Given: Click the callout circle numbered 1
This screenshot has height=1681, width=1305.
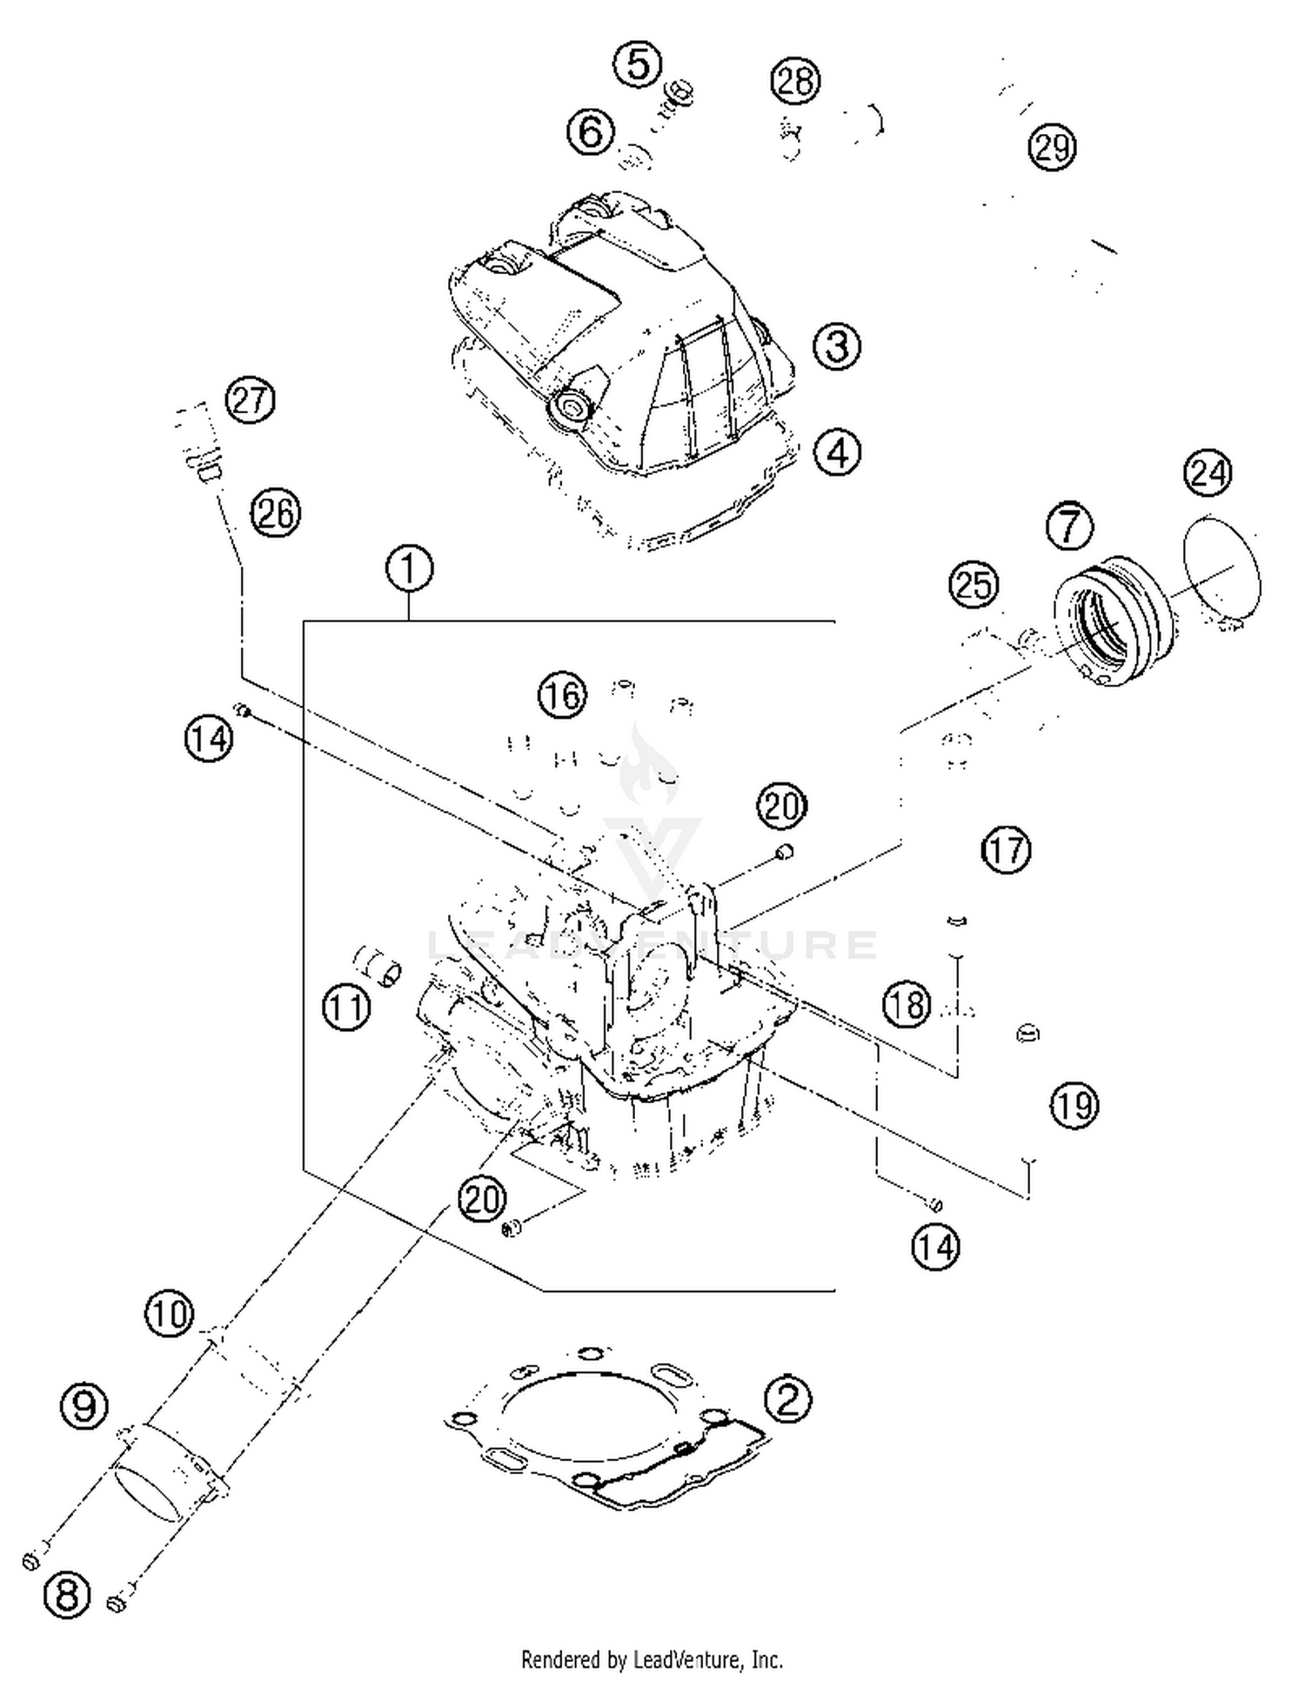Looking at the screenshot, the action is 409,568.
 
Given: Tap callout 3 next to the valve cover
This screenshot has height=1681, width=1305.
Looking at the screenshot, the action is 837,346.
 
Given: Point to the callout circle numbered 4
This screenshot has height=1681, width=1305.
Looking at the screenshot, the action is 837,452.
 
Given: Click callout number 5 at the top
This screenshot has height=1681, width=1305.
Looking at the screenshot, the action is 638,65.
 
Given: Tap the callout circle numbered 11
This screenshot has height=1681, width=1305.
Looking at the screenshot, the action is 346,1008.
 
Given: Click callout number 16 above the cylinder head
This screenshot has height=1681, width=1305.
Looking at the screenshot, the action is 562,695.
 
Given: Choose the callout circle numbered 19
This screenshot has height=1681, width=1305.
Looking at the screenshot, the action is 1074,1106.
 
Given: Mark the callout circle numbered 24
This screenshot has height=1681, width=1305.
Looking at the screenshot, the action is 1208,473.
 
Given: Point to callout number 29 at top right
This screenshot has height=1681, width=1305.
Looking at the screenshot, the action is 1052,147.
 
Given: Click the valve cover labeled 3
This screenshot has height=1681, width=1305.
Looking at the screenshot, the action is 618,348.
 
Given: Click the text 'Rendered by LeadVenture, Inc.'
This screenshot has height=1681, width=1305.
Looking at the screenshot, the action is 652,1660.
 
